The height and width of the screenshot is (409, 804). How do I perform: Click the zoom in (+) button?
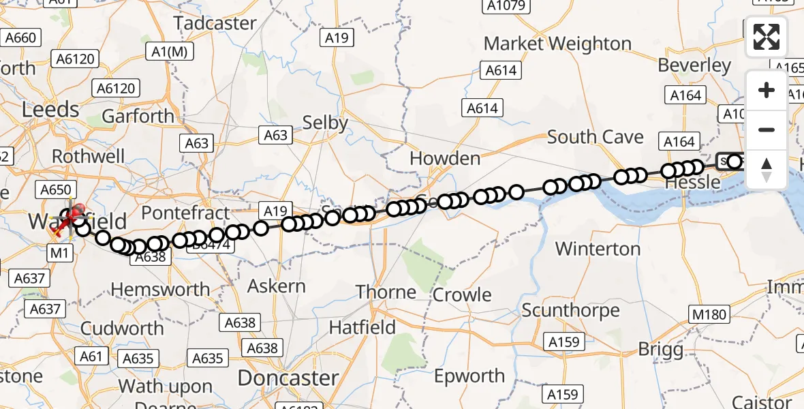767,90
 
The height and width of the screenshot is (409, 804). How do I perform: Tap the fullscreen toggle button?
767,37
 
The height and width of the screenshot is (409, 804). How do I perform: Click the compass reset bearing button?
767,169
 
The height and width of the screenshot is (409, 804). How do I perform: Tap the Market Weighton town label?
557,44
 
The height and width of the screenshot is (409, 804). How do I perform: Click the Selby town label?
325,123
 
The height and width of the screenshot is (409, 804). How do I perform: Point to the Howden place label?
445,159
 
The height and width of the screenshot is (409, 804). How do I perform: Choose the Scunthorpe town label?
570,311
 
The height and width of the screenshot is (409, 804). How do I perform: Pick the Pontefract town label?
186,213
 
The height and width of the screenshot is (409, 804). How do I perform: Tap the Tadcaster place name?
215,23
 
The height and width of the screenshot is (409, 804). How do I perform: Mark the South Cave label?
595,137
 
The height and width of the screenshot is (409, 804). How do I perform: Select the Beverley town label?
694,65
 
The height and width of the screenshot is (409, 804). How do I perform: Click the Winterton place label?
598,249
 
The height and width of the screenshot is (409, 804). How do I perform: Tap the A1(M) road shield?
168,52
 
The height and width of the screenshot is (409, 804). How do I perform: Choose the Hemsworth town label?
160,290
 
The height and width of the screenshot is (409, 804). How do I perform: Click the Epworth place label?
469,376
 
